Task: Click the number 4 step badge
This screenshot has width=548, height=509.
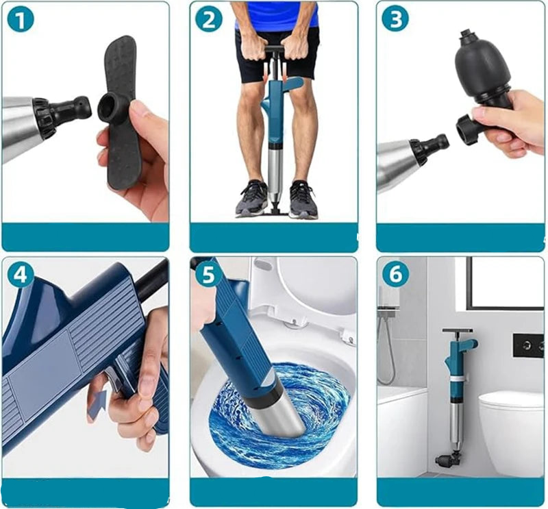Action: pyautogui.click(x=21, y=275)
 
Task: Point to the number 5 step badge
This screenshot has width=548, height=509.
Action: pyautogui.click(x=208, y=275)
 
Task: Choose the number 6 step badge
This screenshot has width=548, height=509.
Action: pyautogui.click(x=395, y=274)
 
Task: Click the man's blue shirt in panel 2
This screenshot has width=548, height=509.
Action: pyautogui.click(x=277, y=15)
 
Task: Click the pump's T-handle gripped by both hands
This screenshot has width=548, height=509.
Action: pyautogui.click(x=275, y=49)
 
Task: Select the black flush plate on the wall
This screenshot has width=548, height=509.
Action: pyautogui.click(x=527, y=346)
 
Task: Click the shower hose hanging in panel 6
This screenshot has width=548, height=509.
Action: pyautogui.click(x=389, y=349)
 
